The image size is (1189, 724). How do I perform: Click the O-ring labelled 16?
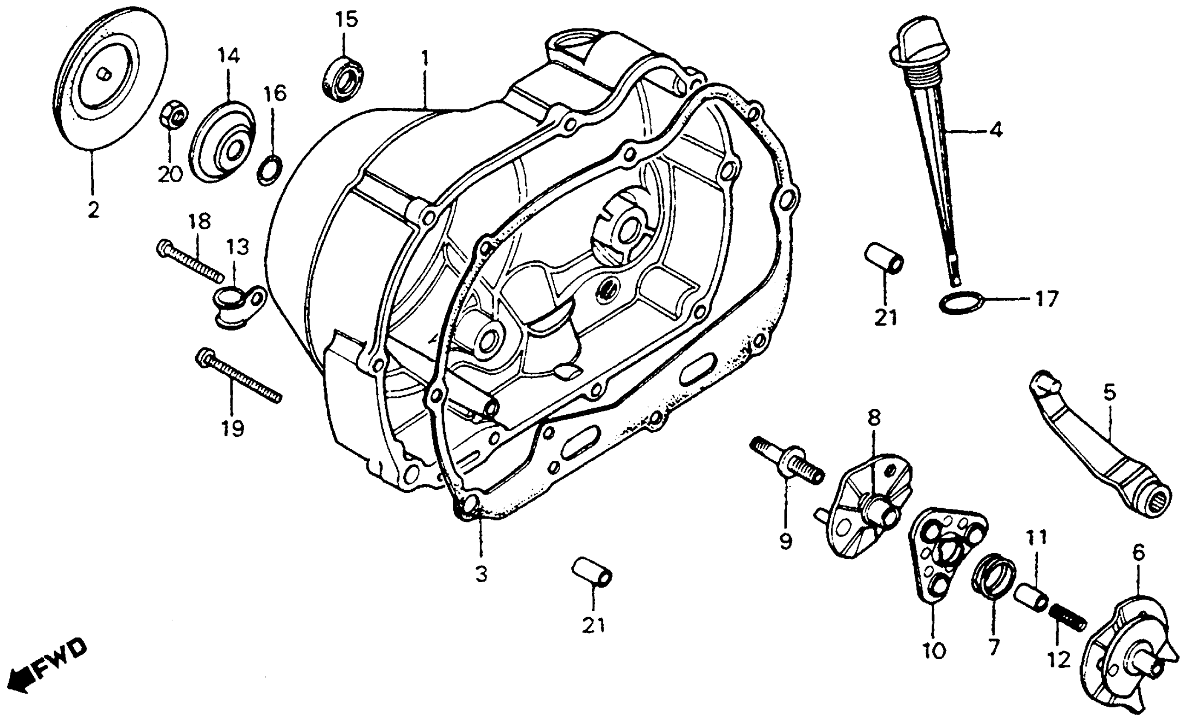point(271,170)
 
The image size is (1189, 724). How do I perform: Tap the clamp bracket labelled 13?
point(239,305)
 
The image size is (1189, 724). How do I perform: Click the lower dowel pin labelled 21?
point(592,572)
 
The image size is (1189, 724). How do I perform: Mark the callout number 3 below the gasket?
point(481,574)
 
